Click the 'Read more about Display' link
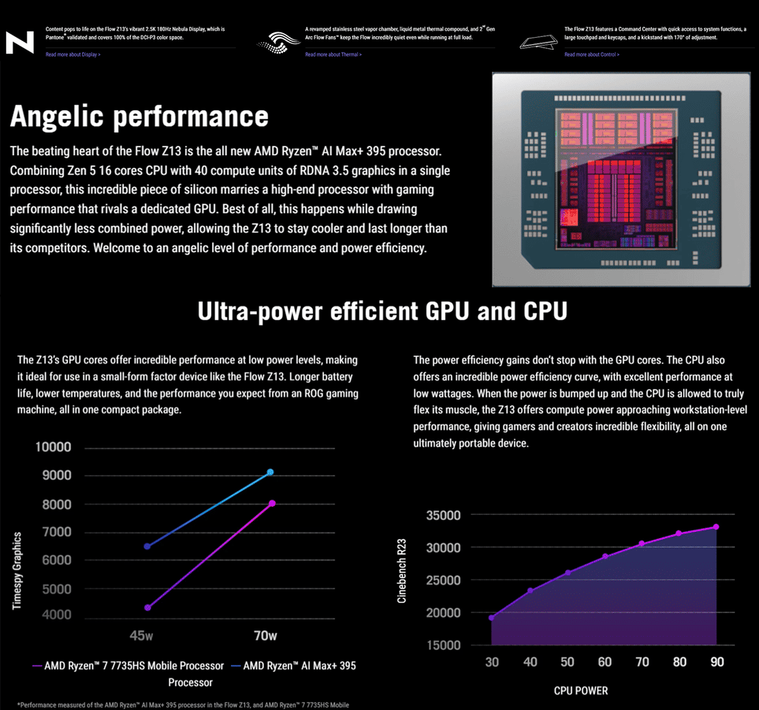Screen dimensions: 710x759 pos(73,54)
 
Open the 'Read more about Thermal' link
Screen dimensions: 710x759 pos(332,54)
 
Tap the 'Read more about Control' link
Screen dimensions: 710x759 pos(591,54)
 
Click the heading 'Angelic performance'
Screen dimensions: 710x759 pos(139,117)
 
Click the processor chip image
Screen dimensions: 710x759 pos(621,180)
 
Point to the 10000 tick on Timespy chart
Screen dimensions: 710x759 pos(54,448)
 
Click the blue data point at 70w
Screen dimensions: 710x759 pos(270,472)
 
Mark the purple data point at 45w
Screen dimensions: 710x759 pos(147,608)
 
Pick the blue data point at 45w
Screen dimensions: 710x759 pos(147,546)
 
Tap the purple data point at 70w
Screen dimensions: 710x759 pos(272,503)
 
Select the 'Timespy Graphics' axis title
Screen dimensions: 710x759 pos(17,571)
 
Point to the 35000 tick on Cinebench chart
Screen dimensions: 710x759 pos(444,515)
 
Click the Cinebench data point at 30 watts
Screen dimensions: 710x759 pos(492,618)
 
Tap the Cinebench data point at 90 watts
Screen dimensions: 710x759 pos(716,526)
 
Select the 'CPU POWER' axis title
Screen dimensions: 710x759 pos(581,691)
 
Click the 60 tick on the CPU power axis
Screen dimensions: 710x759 pos(605,663)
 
